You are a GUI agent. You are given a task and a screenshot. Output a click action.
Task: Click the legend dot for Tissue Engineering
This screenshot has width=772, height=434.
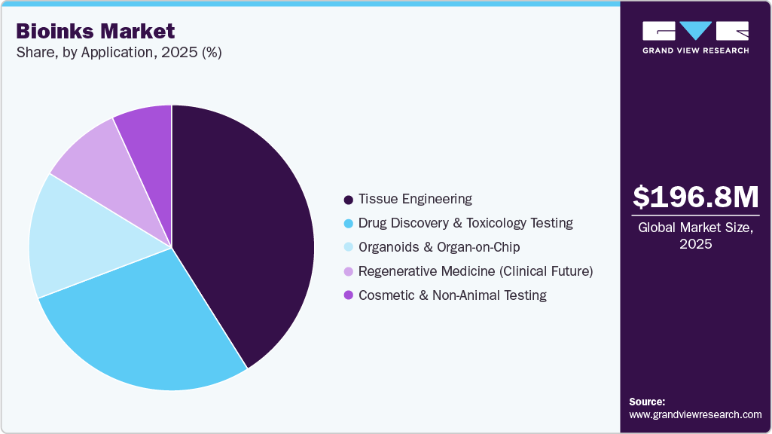[348, 200]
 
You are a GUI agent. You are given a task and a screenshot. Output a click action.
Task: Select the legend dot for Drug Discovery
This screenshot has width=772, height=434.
[348, 224]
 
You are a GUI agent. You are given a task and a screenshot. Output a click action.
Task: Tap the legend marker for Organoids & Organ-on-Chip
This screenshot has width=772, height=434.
[348, 248]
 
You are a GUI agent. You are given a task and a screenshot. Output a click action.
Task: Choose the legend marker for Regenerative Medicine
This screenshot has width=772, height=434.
[348, 272]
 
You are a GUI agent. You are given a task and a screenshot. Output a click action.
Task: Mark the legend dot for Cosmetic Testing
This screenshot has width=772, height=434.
[348, 296]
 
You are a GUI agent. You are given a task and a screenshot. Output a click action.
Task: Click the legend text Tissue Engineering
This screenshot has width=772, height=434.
[415, 199]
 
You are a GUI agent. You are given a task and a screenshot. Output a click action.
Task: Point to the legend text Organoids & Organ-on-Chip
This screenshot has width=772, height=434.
[439, 247]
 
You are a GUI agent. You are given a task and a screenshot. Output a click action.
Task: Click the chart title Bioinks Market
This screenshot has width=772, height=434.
[96, 32]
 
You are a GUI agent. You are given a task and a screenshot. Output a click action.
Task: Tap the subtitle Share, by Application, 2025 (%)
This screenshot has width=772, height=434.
[119, 53]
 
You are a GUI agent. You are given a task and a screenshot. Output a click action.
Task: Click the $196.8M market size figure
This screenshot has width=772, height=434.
[695, 197]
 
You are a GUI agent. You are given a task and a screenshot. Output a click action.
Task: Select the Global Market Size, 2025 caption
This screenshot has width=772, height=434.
[695, 236]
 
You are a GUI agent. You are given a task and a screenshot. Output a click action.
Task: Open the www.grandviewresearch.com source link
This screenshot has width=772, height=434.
[695, 414]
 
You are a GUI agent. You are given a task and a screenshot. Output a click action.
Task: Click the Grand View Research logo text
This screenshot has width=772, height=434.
[695, 50]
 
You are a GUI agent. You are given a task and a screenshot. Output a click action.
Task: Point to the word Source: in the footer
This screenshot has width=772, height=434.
[647, 402]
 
